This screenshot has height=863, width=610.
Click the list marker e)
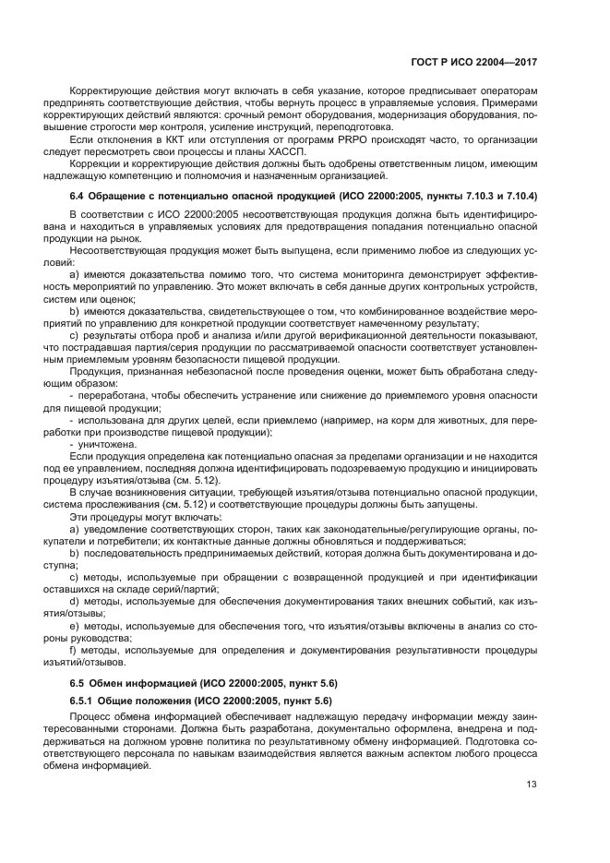74,625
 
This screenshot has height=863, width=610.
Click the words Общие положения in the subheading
151,701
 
